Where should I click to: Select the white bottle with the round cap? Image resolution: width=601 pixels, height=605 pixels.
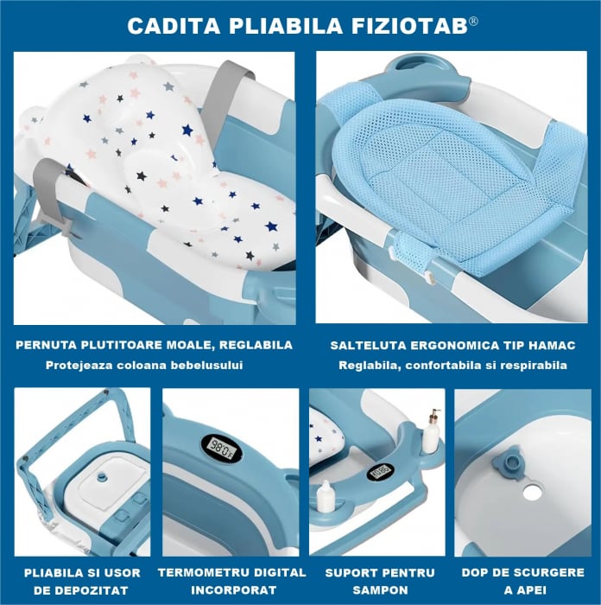coord(326,495)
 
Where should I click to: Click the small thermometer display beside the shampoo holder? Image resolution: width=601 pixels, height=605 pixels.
coord(379,472)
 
